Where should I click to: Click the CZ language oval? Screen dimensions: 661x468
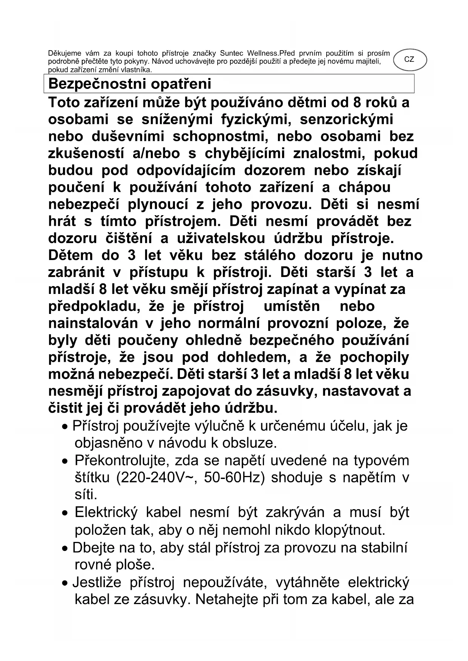409,60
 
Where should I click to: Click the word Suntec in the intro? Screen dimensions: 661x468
232,53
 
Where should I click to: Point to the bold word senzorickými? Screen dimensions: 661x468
346,119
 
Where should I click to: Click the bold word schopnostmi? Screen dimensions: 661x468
220,136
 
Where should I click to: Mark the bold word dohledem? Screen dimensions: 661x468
254,357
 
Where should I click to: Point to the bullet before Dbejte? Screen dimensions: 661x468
65,549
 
